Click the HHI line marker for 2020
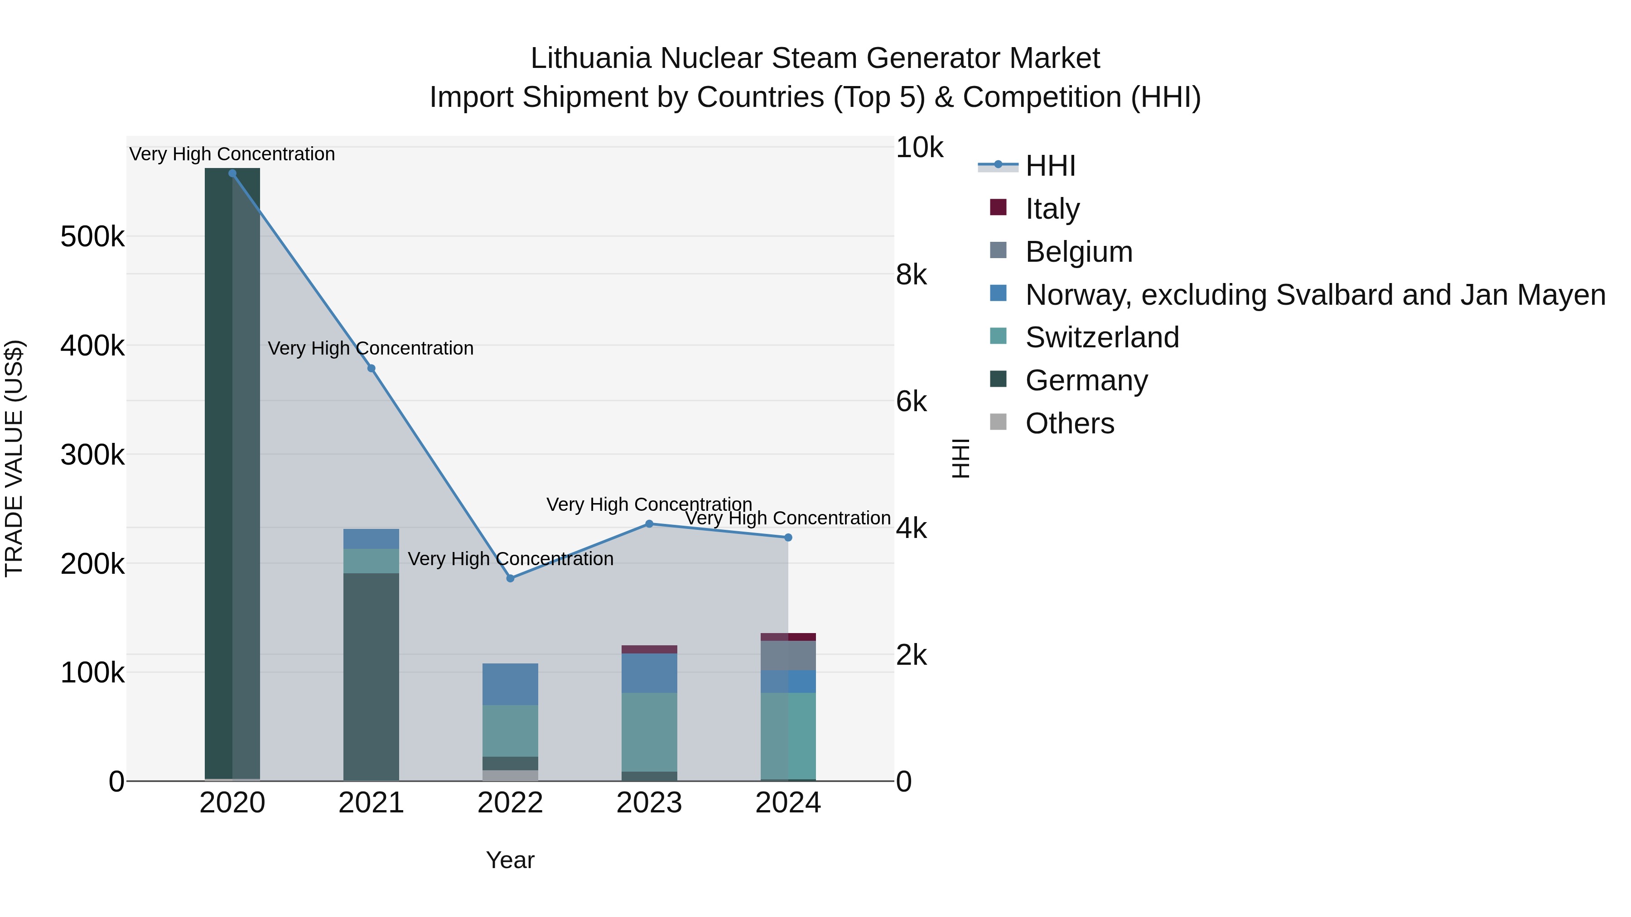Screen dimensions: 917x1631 232,173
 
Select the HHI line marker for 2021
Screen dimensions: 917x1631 372,368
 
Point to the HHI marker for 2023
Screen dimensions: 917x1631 649,524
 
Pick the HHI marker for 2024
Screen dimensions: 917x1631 788,537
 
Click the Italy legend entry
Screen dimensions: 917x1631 1052,209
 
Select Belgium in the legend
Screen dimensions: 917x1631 1078,252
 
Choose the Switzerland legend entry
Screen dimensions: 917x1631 1102,337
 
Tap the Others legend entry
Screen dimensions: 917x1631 1069,423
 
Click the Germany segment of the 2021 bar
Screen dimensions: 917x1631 372,677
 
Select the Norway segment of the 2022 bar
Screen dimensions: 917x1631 510,684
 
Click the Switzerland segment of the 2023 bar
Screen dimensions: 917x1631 649,732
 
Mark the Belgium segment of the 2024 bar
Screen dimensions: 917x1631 788,656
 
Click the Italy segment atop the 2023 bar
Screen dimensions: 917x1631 649,649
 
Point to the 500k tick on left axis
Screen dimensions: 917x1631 92,237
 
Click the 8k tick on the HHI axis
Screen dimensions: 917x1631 912,275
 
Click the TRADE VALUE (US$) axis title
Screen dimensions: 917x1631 14,458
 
